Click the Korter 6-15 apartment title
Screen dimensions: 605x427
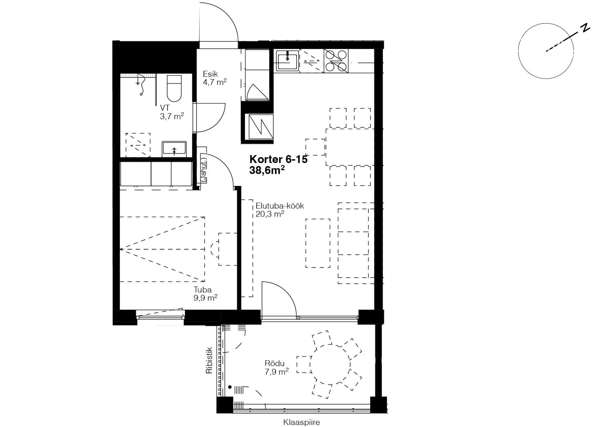pos(278,159)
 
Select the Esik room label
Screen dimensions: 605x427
pos(211,74)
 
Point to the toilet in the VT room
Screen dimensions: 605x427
pos(174,88)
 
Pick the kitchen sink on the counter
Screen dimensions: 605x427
pos(287,61)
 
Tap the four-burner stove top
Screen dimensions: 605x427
pos(336,61)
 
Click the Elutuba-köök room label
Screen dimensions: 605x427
pos(280,206)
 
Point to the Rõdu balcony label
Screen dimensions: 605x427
pos(274,364)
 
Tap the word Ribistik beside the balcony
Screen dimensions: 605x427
pos(209,360)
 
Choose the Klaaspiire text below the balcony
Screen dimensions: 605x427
pos(301,422)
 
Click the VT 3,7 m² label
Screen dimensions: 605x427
pos(172,112)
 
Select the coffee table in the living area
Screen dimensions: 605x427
pos(318,243)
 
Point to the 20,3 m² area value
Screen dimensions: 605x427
pos(269,214)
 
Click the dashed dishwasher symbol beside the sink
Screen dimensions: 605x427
pos(312,61)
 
